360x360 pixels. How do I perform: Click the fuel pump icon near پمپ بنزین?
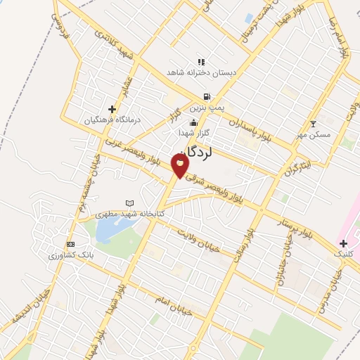206,97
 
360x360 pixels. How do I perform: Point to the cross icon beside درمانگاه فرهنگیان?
112,109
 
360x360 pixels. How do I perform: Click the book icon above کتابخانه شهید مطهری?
129,203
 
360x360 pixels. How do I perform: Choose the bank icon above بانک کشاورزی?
70,243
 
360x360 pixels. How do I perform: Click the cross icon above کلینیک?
343,243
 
